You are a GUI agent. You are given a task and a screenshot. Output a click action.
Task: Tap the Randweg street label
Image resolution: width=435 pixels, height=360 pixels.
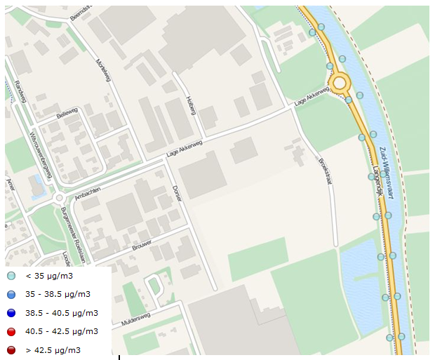(19, 91)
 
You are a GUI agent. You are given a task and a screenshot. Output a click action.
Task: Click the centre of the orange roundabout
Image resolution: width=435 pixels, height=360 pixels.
(340, 83)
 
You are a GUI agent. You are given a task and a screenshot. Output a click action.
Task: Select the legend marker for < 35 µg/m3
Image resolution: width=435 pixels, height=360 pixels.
(12, 276)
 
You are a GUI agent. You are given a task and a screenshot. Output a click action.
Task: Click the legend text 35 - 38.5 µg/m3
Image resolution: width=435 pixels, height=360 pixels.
(58, 294)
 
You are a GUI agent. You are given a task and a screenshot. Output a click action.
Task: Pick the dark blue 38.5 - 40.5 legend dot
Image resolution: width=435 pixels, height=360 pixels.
(12, 313)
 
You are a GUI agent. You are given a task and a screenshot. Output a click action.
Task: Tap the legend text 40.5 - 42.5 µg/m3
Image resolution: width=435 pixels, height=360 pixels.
(61, 331)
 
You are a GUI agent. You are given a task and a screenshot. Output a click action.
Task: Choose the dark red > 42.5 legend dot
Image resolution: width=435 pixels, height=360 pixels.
(12, 349)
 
